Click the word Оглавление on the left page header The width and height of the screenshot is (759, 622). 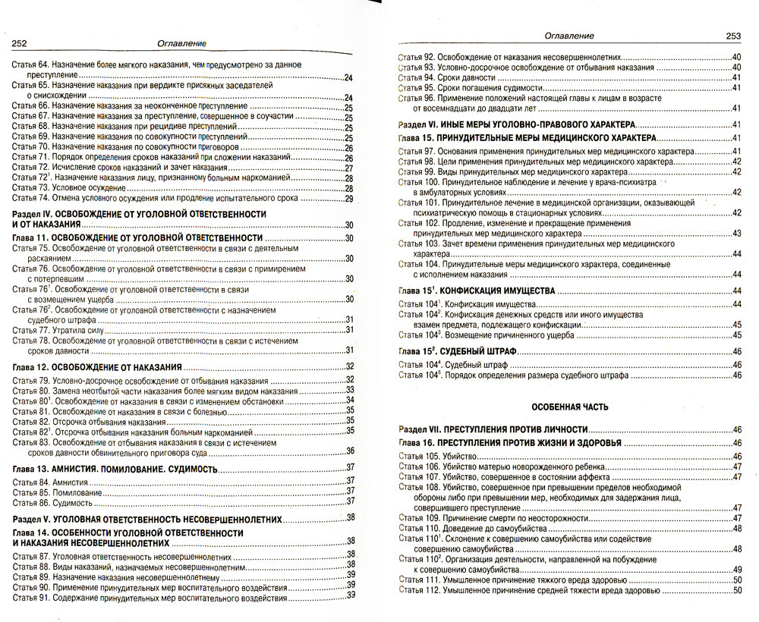click(180, 43)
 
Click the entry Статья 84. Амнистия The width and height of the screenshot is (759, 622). click(47, 482)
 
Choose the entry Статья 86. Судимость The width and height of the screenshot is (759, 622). click(50, 501)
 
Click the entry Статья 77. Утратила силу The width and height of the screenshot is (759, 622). click(58, 329)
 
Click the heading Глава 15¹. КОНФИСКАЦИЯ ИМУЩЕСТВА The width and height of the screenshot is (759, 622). click(478, 291)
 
